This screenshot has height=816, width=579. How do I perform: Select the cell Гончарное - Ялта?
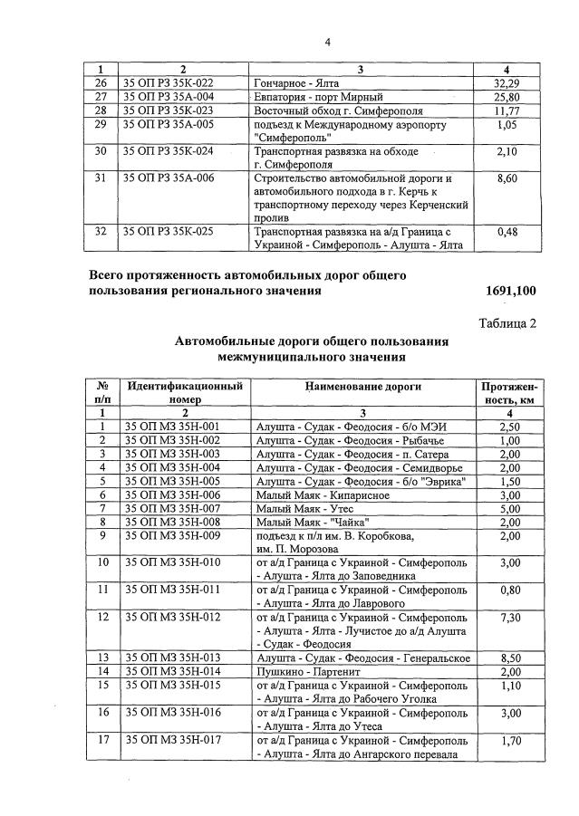tap(298, 82)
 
